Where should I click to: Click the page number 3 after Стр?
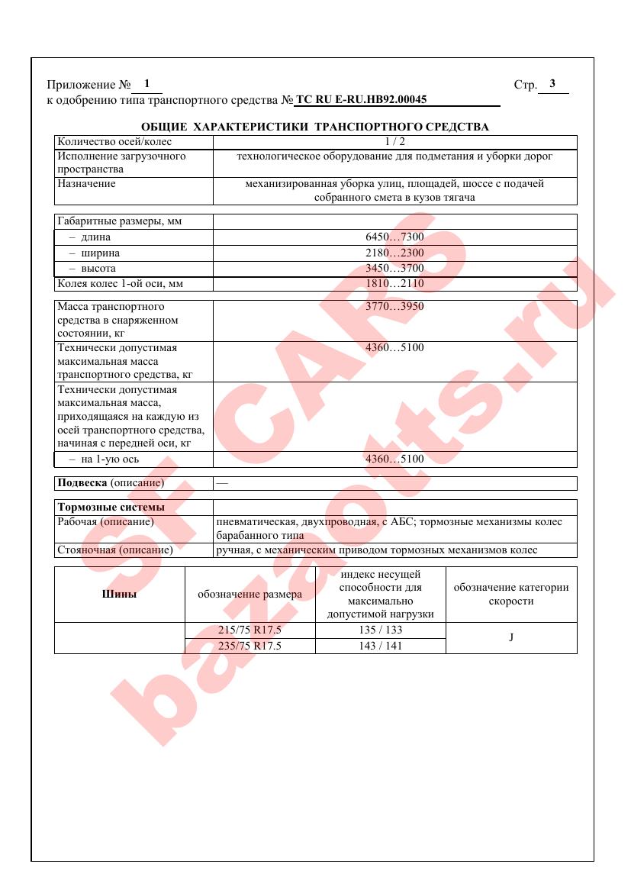[552, 84]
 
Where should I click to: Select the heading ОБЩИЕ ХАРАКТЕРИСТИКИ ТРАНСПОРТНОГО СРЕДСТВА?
[315, 127]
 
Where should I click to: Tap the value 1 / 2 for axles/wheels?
[394, 141]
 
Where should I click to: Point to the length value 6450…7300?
[394, 237]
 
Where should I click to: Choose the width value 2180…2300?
[394, 253]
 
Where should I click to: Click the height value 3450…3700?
[394, 269]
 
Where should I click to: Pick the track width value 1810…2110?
[394, 284]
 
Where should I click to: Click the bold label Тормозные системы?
[111, 507]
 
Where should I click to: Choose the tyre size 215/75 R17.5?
[250, 630]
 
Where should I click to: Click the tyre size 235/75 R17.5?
[250, 646]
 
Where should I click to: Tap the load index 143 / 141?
[380, 646]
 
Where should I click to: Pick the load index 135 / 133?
[380, 630]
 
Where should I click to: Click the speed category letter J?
[511, 638]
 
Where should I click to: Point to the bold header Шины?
[119, 595]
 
